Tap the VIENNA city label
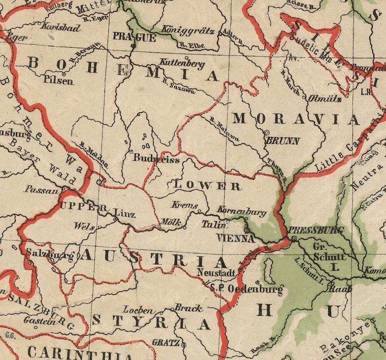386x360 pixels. pyautogui.click(x=236, y=239)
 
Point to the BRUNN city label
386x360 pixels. pyautogui.click(x=282, y=141)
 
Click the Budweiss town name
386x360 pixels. pyautogui.click(x=157, y=159)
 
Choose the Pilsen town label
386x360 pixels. pyautogui.click(x=58, y=80)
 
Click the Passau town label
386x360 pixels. pyautogui.click(x=41, y=189)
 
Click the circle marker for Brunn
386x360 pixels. pyautogui.click(x=266, y=132)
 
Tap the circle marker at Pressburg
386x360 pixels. pyautogui.click(x=294, y=239)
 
